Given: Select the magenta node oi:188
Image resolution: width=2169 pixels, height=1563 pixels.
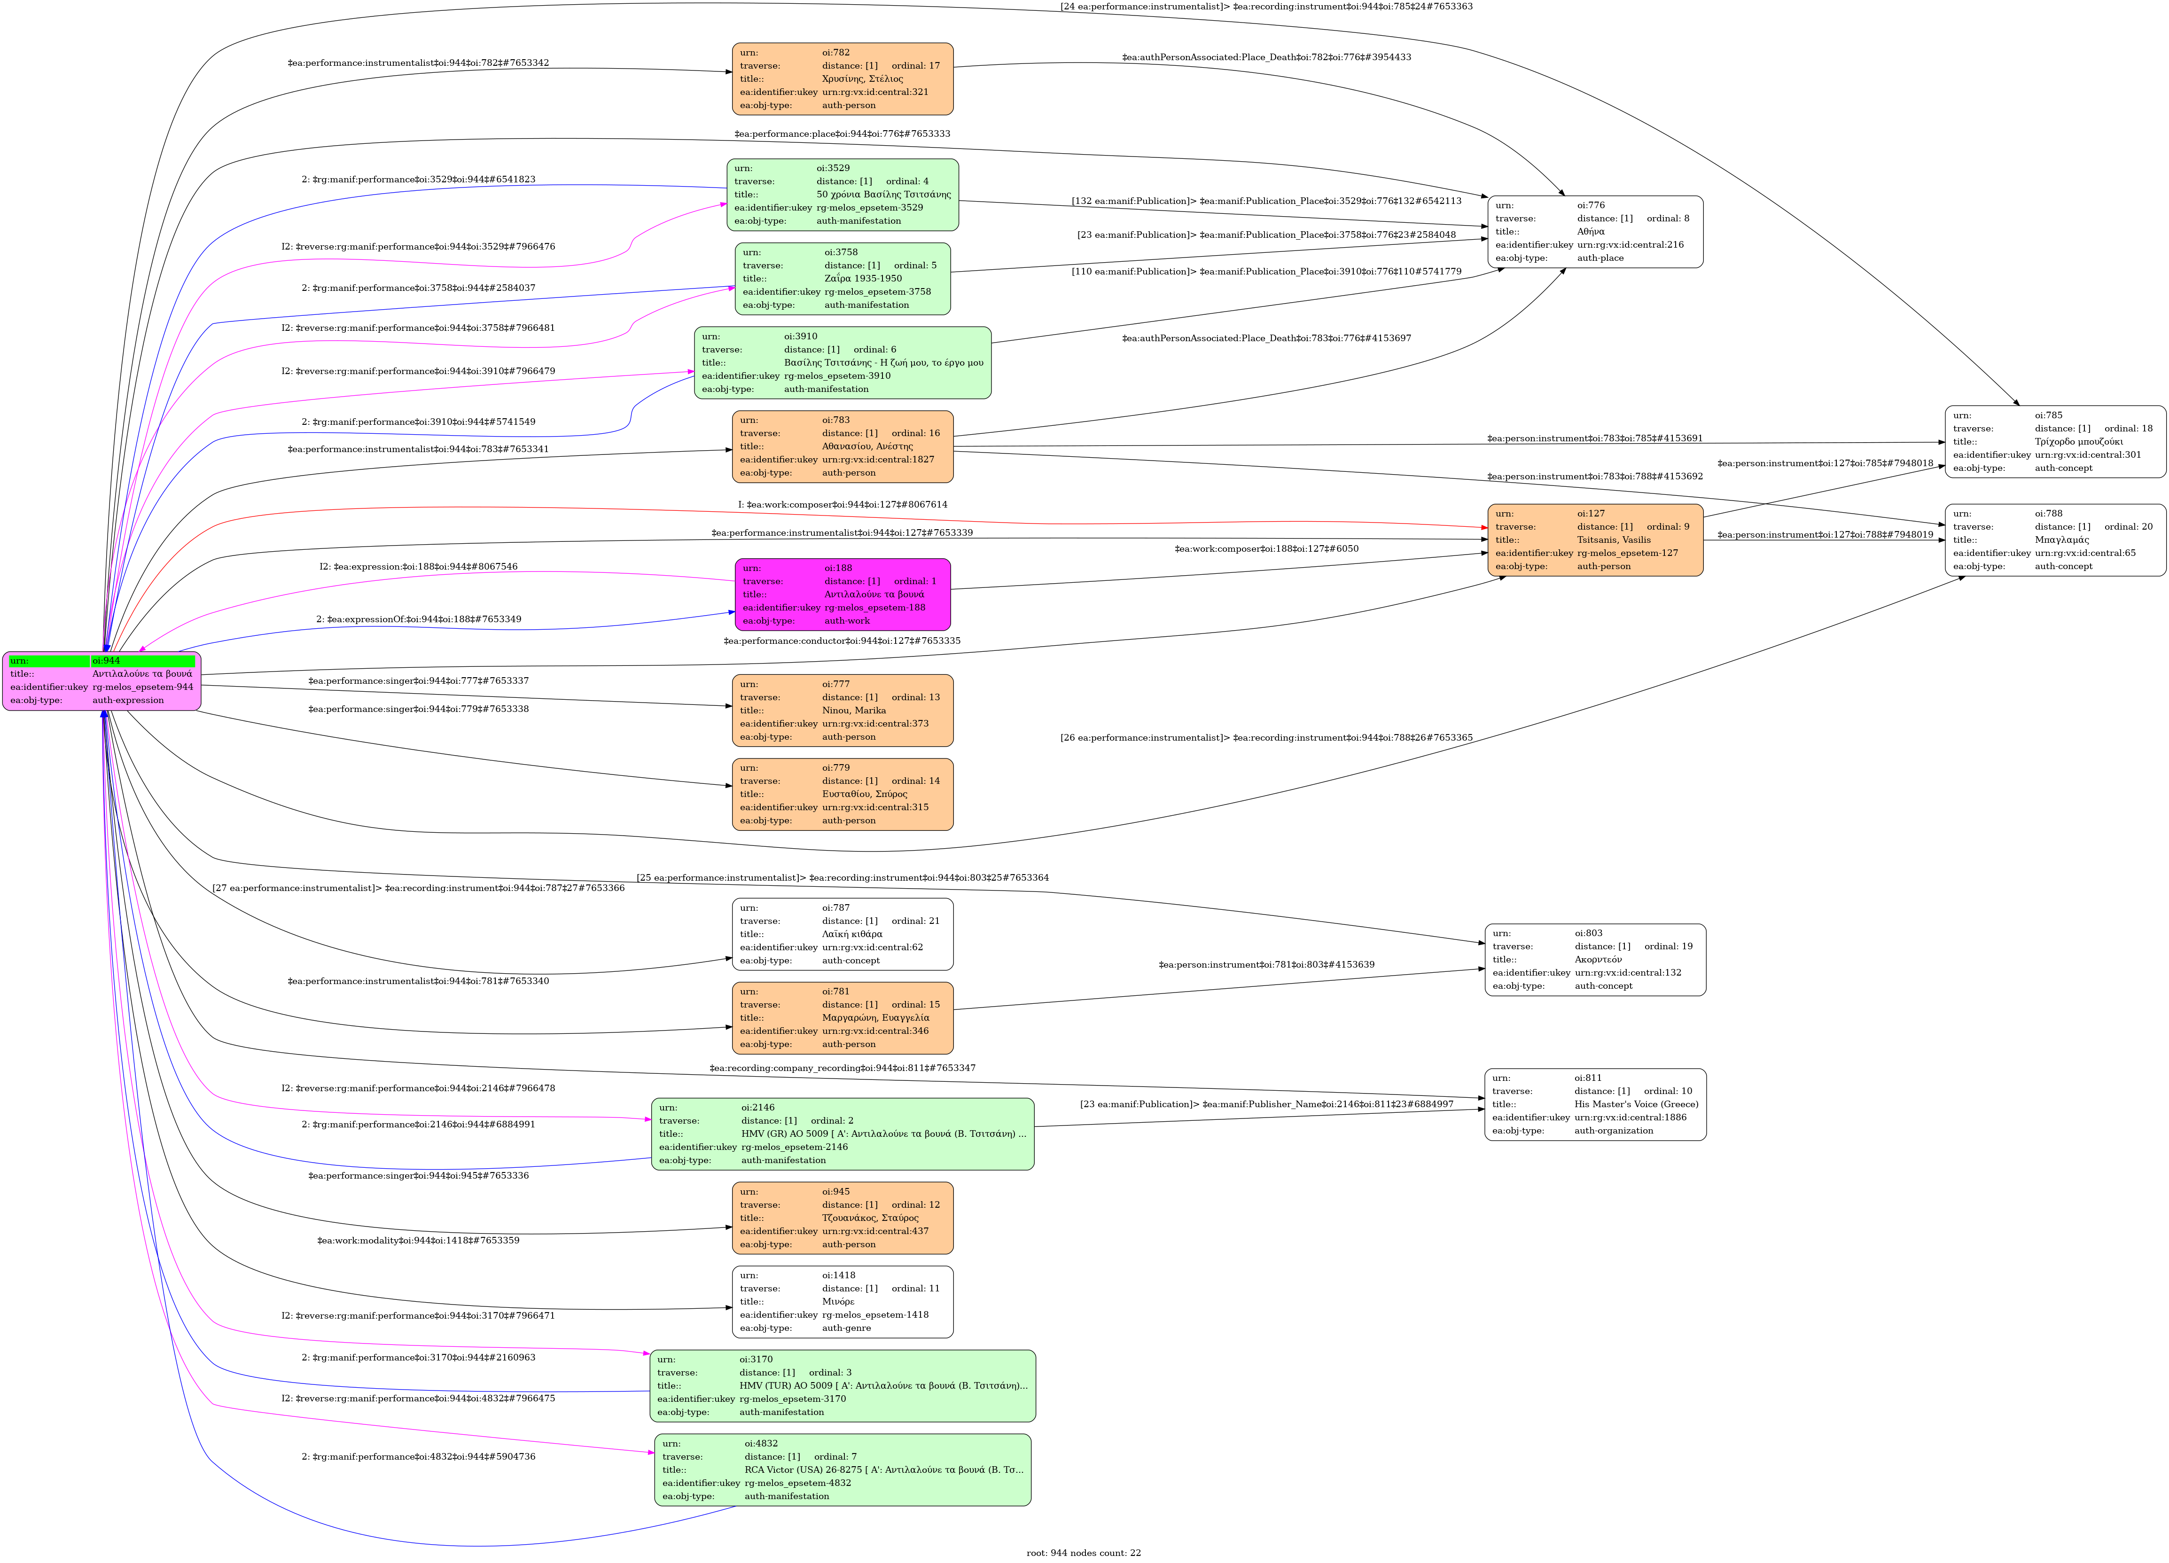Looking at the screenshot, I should pos(843,594).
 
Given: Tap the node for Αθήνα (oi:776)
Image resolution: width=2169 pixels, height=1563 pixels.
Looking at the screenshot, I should pos(1594,232).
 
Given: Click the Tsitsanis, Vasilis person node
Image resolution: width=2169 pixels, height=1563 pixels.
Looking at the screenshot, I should pos(1594,539).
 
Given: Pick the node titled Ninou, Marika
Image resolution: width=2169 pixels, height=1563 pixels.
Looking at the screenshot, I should pos(843,710).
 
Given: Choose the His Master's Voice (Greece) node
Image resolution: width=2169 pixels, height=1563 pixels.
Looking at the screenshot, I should pos(1594,1104).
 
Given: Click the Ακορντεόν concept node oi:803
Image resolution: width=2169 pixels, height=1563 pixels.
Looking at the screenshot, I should pos(1594,960).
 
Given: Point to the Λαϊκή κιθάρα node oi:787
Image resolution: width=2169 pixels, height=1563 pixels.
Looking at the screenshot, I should pos(843,934).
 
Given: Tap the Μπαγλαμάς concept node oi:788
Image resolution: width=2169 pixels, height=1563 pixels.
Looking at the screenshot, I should pos(2054,539).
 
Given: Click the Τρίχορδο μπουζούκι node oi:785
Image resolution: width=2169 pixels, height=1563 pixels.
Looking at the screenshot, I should pos(2054,441).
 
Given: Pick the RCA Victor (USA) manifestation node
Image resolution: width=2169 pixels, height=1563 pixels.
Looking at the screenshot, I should pos(843,1469).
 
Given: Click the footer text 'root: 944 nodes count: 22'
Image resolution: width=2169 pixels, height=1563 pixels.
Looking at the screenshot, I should pos(1084,1553).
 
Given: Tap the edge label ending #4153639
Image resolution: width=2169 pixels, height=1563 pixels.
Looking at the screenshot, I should pos(1266,964).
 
